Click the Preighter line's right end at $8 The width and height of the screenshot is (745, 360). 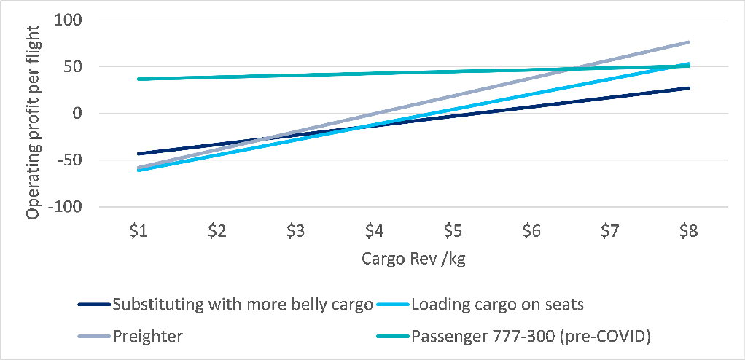pos(688,42)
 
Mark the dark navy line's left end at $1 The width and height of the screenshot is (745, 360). pos(139,154)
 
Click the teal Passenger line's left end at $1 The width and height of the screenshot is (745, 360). pos(139,79)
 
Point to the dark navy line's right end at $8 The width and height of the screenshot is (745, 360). pos(688,88)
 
